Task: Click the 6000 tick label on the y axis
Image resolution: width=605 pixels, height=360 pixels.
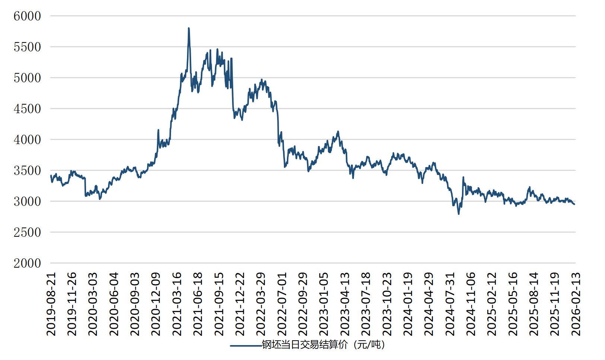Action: pyautogui.click(x=27, y=16)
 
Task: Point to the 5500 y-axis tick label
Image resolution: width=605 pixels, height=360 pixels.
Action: pyautogui.click(x=27, y=47)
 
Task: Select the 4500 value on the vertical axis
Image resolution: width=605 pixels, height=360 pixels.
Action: pyautogui.click(x=27, y=109)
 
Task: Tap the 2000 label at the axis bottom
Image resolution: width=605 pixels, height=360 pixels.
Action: pyautogui.click(x=27, y=263)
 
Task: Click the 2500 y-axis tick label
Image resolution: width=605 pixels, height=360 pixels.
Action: pyautogui.click(x=27, y=232)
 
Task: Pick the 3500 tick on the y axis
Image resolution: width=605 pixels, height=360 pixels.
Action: pyautogui.click(x=27, y=171)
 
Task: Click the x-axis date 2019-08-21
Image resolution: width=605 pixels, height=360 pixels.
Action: pyautogui.click(x=51, y=304)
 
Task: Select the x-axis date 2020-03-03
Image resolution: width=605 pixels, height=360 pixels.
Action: pyautogui.click(x=93, y=304)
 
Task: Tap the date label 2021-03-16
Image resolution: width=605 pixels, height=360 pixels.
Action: pyautogui.click(x=177, y=304)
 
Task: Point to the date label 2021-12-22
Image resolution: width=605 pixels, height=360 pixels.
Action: pyautogui.click(x=240, y=304)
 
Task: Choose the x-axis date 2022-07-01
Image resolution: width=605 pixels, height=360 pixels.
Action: pyautogui.click(x=282, y=304)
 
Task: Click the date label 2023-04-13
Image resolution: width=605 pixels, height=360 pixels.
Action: pyautogui.click(x=345, y=304)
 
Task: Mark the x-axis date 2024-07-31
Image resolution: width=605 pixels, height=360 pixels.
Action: pyautogui.click(x=450, y=304)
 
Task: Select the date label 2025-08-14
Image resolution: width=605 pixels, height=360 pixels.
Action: pyautogui.click(x=534, y=304)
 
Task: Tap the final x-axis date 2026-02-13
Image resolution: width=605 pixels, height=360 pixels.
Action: pyautogui.click(x=576, y=304)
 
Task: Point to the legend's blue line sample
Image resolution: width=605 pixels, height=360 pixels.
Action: pyautogui.click(x=246, y=345)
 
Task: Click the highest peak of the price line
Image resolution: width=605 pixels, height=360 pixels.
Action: pyautogui.click(x=189, y=28)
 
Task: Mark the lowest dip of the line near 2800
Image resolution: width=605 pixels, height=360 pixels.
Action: pyautogui.click(x=459, y=214)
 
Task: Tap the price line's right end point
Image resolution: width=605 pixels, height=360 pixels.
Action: pyautogui.click(x=574, y=204)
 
